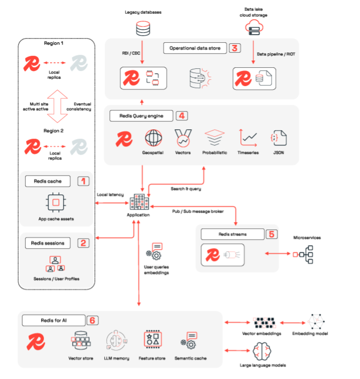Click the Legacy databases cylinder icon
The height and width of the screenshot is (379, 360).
[142, 28]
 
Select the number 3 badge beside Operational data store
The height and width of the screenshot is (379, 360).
[234, 48]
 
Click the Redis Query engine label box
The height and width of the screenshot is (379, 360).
[141, 115]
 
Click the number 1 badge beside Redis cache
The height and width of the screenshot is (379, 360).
[83, 181]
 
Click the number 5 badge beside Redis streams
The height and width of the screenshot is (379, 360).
[271, 234]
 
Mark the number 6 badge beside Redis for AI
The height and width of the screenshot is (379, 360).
[92, 320]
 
